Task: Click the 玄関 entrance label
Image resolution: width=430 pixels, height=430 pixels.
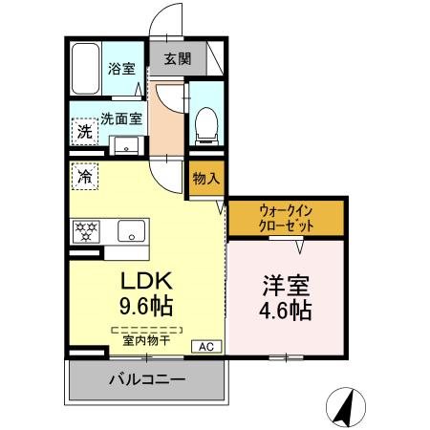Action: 178,58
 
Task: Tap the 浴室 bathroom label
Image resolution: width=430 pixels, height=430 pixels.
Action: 120,70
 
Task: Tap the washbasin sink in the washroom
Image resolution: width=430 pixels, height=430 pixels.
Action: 125,146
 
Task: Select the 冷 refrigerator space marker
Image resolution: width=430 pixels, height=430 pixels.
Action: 85,177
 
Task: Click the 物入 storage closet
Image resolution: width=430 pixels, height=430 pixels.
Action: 205,179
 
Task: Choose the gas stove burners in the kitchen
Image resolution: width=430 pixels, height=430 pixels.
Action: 87,231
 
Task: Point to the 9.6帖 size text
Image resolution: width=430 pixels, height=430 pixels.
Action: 145,310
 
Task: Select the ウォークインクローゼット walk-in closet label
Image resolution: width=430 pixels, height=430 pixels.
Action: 286,219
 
